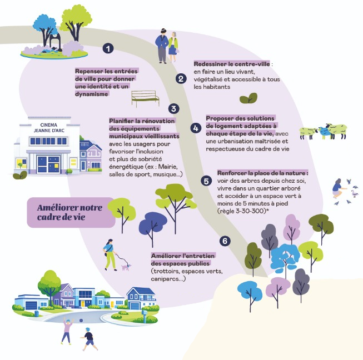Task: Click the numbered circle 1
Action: point(108,49)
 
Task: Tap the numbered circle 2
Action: point(180,78)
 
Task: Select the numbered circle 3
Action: point(174,108)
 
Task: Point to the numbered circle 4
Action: point(195,128)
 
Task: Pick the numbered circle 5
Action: point(206,181)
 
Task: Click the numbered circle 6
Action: point(225,241)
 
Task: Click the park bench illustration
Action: point(145,98)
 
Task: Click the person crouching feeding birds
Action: point(336,188)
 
